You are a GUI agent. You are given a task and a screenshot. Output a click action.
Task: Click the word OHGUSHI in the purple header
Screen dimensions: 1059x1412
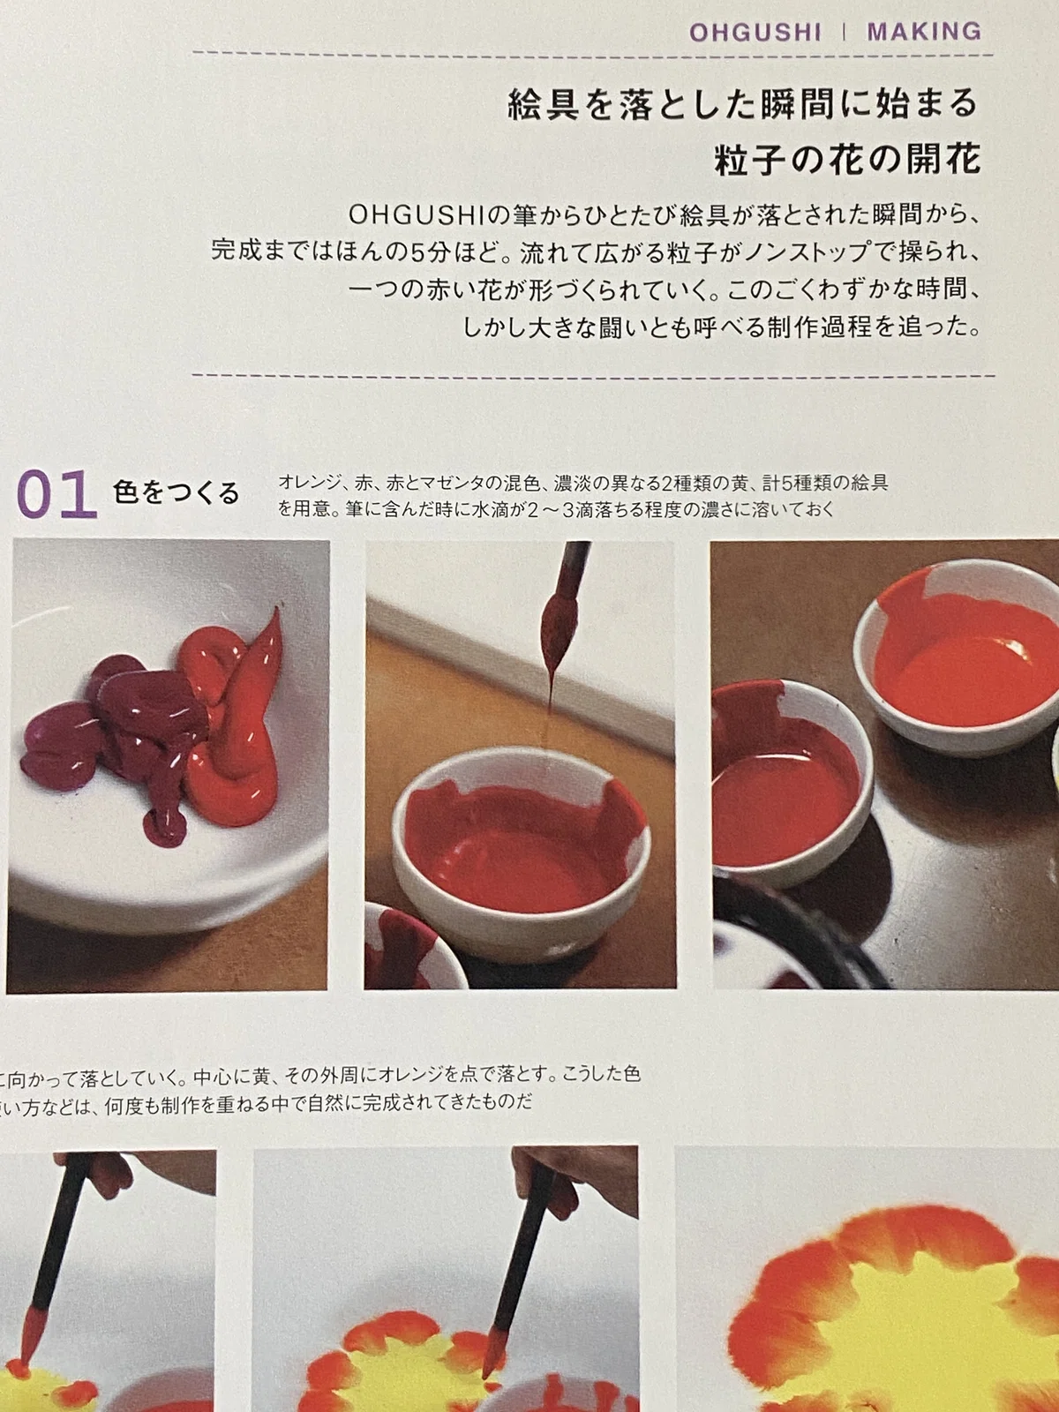click(x=755, y=32)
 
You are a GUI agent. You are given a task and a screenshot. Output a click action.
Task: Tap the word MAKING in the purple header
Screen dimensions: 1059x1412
click(x=924, y=32)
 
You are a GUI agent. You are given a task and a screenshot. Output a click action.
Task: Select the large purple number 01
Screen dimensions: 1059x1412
click(x=56, y=494)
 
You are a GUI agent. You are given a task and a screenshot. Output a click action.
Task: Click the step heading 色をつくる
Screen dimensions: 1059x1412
click(x=176, y=492)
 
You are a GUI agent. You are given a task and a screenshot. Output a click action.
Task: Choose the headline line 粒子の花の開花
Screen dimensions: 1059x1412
click(x=847, y=160)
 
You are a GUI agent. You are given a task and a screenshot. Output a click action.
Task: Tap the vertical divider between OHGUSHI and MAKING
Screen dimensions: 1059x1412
click(x=845, y=32)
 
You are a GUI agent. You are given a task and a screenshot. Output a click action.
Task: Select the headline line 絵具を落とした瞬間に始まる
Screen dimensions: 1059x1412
click(x=743, y=104)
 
